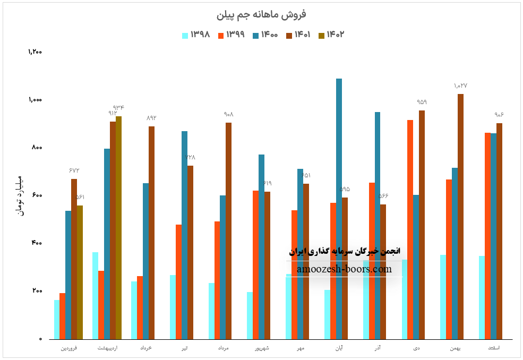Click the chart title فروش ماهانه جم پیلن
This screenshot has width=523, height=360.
pos(261,14)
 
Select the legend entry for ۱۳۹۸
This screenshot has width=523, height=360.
pos(196,35)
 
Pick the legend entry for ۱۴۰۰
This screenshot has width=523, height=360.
pos(265,35)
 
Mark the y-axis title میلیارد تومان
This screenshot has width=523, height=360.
pos(20,195)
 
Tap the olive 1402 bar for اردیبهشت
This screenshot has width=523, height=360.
pos(118,228)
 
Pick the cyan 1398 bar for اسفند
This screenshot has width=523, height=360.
pos(482,297)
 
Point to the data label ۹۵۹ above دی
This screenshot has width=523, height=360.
pos(422,102)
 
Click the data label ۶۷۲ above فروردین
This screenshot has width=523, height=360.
pos(74,170)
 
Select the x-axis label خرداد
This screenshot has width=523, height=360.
pos(146,348)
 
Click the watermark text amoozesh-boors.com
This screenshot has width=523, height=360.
pos(344,269)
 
